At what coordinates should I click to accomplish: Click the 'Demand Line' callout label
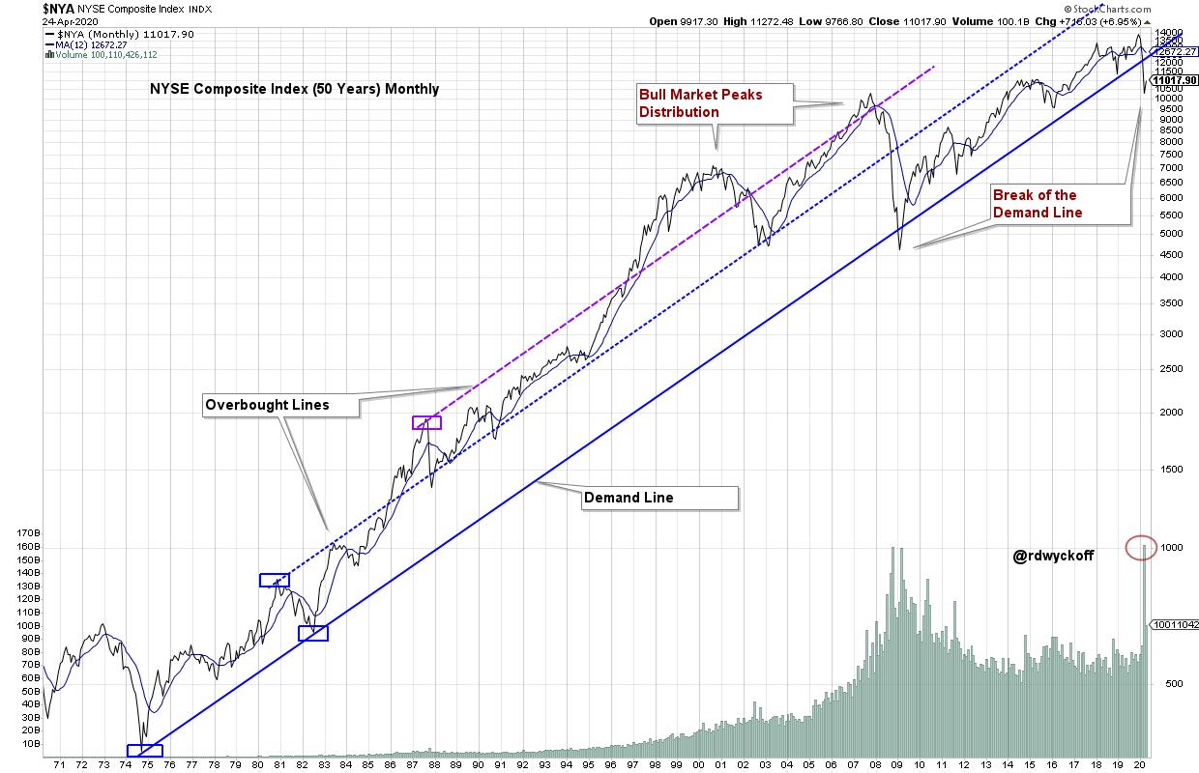point(659,498)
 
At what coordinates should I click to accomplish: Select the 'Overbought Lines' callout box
point(280,405)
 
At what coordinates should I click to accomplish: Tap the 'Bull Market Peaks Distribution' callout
point(714,103)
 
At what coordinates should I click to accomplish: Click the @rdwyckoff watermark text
point(1053,556)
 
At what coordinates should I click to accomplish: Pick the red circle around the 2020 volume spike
point(1142,548)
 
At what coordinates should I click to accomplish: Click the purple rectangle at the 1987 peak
point(426,422)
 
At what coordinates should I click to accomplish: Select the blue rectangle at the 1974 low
point(144,751)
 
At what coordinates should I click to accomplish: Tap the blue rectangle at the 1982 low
point(313,633)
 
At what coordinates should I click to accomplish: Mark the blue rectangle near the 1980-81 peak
point(274,580)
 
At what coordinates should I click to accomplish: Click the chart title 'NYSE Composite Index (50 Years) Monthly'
point(294,89)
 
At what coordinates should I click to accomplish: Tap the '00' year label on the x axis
point(699,764)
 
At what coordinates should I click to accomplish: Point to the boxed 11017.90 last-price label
point(1175,80)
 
